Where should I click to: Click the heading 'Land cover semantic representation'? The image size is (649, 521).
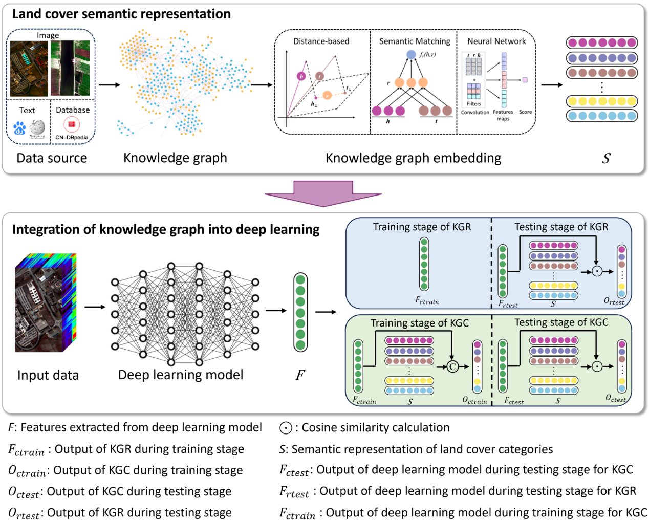point(121,14)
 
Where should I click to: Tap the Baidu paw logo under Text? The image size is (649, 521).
point(19,128)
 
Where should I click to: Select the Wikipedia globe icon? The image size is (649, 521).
point(37,127)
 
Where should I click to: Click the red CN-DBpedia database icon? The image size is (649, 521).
point(72,124)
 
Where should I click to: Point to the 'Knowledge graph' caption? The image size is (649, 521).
point(175,158)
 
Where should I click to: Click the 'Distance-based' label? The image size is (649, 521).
point(321,41)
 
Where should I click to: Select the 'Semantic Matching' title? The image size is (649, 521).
point(415,41)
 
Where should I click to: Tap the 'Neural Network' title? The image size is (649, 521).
point(496,41)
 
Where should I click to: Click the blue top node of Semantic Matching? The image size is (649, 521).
point(411,54)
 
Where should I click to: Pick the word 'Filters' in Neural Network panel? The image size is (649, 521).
point(474,104)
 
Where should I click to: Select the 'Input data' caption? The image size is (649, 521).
point(48,375)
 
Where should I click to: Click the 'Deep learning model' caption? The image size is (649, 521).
point(181,375)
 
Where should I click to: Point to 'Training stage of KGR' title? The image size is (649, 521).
point(422,227)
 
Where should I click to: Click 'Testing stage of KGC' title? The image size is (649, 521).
point(561,322)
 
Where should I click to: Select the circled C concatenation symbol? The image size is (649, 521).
point(452,366)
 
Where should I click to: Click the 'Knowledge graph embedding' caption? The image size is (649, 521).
point(413,158)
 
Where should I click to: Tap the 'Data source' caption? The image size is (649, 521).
point(52,158)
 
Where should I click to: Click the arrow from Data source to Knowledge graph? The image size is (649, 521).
point(109,84)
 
